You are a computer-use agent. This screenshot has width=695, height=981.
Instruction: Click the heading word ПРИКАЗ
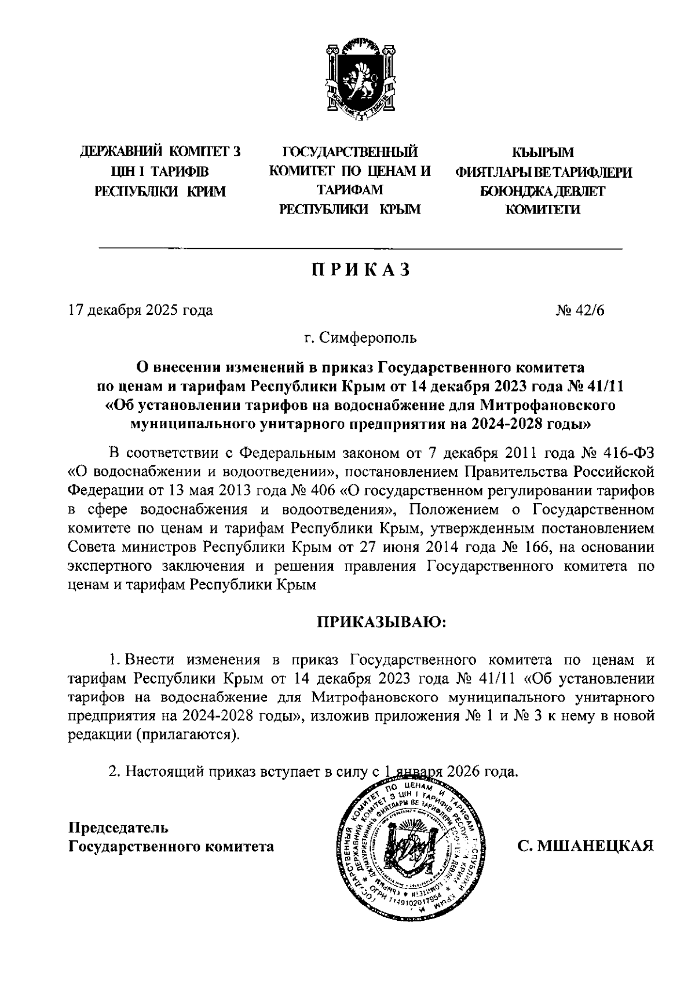click(x=361, y=270)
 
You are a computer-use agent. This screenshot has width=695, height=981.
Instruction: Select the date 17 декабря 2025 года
click(x=140, y=310)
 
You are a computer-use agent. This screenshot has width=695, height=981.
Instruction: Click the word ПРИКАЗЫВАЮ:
click(x=381, y=622)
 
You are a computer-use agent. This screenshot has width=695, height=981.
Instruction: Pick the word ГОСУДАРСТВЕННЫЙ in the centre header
click(x=349, y=153)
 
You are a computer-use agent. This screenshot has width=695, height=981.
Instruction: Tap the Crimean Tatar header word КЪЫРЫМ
click(x=543, y=153)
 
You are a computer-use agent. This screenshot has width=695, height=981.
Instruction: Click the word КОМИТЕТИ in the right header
click(x=543, y=210)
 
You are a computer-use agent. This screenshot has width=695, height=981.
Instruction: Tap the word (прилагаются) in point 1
click(x=186, y=734)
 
